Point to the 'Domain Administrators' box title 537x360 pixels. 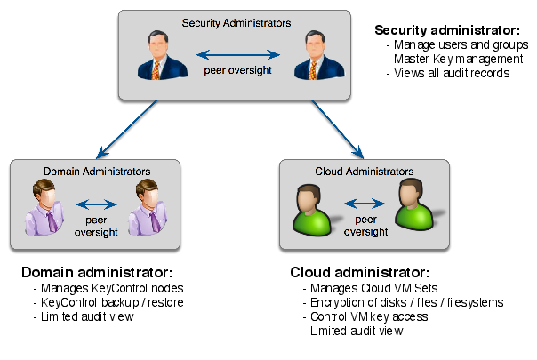coord(96,170)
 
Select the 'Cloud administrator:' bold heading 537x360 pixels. coord(360,271)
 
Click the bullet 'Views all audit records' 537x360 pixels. coord(453,73)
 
